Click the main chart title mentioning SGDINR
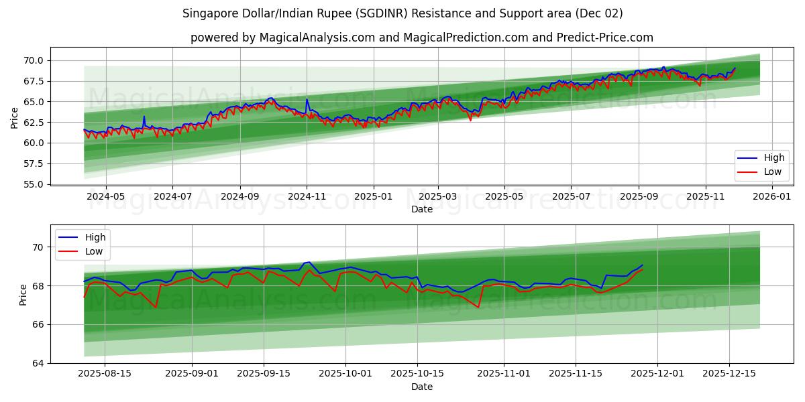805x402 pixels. click(402, 13)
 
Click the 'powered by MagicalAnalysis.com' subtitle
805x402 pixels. click(421, 38)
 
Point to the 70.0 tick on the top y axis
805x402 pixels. click(34, 60)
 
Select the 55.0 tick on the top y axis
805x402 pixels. click(34, 184)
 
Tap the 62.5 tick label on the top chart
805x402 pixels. click(34, 123)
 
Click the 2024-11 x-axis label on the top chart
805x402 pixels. click(307, 197)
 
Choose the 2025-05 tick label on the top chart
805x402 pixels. click(504, 197)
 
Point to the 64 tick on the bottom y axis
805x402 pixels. click(38, 363)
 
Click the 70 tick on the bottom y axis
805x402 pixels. click(38, 247)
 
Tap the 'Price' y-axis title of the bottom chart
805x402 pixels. click(23, 294)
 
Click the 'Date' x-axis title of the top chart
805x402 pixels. click(421, 209)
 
